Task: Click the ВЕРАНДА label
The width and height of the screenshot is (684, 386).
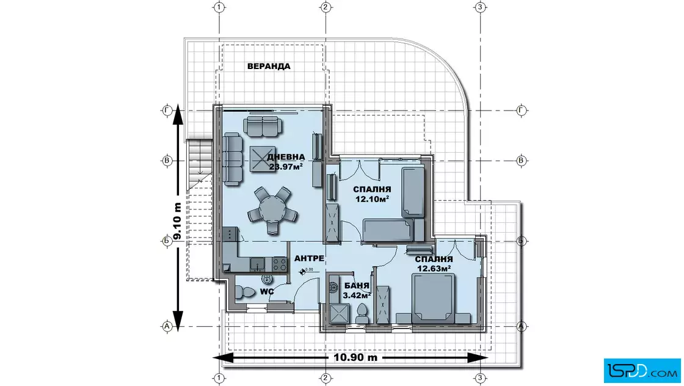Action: (x=269, y=67)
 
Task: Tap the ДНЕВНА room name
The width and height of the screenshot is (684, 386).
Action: (x=286, y=157)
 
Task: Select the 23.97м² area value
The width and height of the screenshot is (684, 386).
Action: (x=286, y=166)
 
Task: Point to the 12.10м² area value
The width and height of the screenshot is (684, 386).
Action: (x=372, y=199)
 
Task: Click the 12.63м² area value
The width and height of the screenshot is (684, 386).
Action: (x=434, y=268)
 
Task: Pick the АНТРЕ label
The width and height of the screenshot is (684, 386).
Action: (x=309, y=258)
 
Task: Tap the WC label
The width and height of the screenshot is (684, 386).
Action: (x=267, y=291)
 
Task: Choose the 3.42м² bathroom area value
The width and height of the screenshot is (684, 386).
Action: (x=357, y=295)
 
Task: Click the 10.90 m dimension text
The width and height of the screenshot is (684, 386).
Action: (x=355, y=358)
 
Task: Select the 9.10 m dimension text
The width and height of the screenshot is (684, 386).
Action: (x=177, y=221)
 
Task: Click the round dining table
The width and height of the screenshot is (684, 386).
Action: (x=272, y=208)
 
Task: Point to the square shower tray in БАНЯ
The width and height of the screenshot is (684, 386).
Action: (x=340, y=313)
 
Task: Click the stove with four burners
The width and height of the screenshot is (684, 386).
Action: (x=279, y=264)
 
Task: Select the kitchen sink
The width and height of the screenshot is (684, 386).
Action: (x=257, y=264)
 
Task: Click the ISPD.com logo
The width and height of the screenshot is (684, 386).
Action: (x=642, y=371)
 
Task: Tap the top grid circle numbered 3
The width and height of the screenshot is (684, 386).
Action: (x=480, y=7)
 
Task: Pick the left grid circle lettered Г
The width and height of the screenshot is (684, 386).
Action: (x=167, y=111)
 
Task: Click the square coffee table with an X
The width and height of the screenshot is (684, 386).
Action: (x=263, y=159)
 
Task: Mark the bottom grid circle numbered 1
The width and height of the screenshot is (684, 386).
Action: (x=219, y=377)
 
